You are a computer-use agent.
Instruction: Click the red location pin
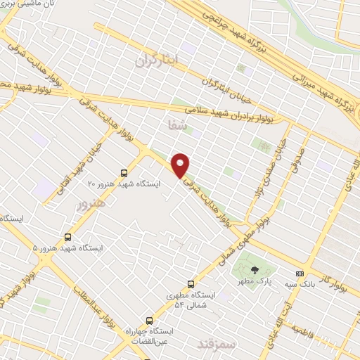[181, 165]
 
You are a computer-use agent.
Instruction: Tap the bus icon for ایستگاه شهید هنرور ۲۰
[124, 172]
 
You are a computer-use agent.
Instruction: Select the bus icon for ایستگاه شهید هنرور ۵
[67, 236]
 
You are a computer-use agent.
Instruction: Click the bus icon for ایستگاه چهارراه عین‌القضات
[148, 319]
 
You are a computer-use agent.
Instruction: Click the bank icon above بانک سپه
[300, 274]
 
